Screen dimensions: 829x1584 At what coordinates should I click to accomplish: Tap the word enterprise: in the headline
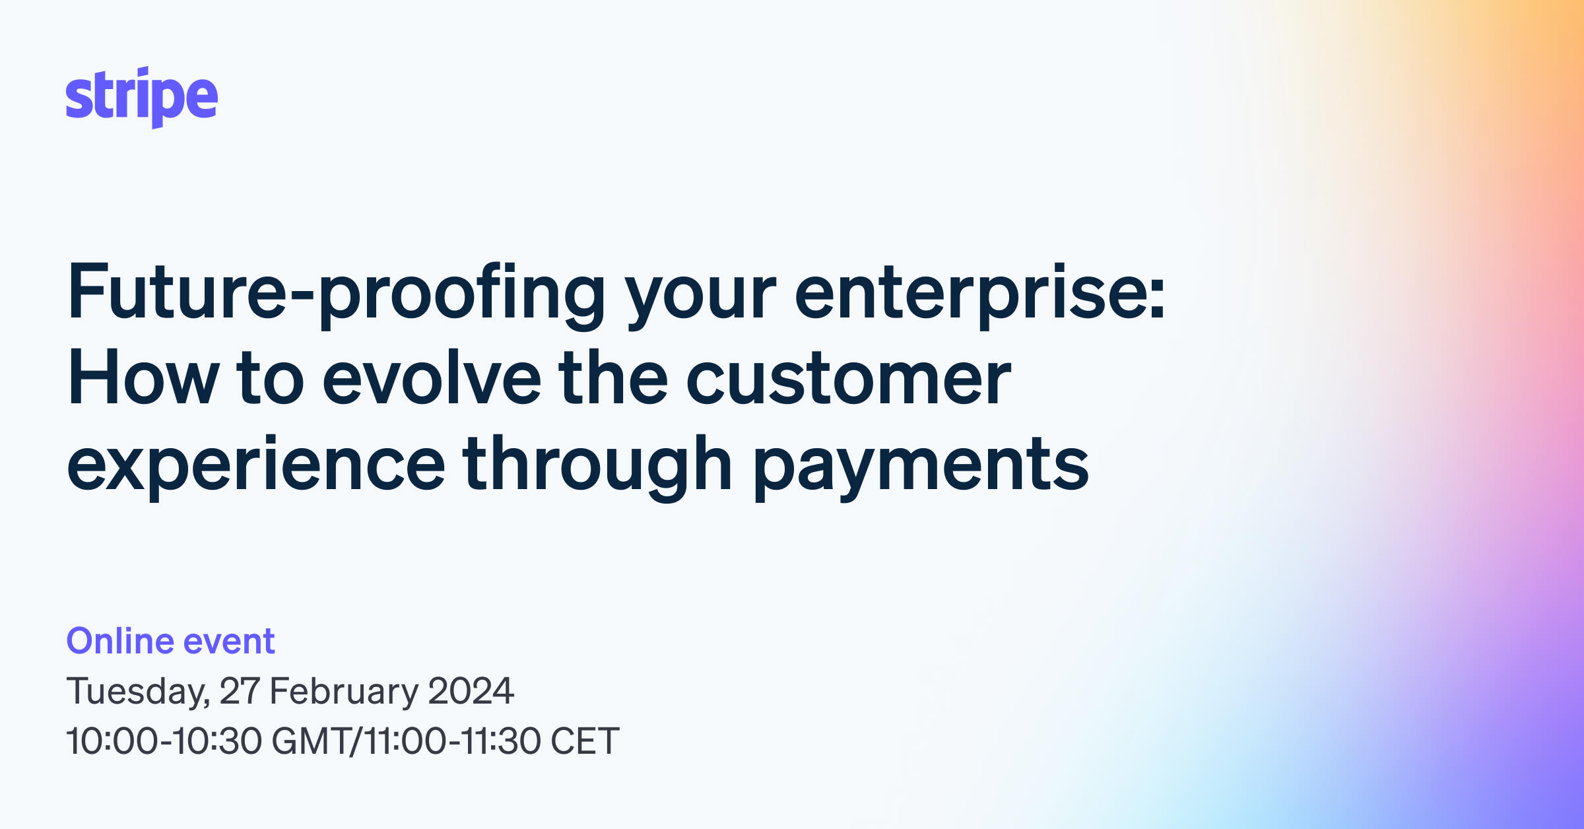coord(979,292)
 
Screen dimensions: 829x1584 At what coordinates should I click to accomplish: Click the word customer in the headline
coord(848,378)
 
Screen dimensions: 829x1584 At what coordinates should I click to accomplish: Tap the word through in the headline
coord(597,465)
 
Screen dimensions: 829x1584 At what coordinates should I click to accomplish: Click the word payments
coord(921,465)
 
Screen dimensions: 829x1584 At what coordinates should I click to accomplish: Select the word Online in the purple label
coord(120,641)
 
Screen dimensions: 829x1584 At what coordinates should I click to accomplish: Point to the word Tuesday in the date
coord(137,691)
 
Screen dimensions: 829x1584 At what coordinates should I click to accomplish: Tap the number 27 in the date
coord(239,691)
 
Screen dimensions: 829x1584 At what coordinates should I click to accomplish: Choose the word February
coord(343,691)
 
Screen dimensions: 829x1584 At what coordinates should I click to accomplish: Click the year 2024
coord(471,691)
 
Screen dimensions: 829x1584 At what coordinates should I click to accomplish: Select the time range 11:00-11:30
coord(451,741)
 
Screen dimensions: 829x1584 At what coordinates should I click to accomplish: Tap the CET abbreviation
coord(585,741)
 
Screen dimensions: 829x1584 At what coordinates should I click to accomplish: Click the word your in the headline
coord(700,292)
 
